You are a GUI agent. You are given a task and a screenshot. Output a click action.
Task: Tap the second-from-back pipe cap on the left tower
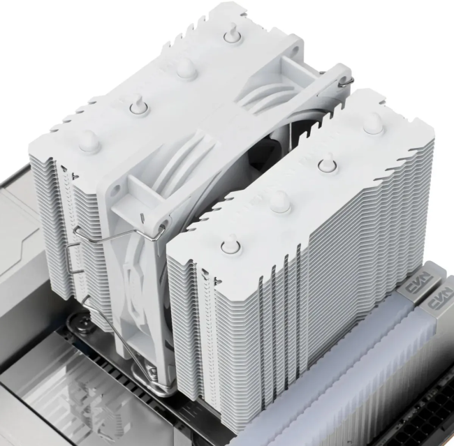pos(184,66)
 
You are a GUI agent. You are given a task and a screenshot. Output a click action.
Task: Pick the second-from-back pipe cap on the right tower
pos(326,165)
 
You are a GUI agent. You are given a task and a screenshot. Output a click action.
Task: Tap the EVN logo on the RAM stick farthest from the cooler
pos(438,305)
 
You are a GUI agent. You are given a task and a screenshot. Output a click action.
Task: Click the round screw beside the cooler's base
pos(82,322)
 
